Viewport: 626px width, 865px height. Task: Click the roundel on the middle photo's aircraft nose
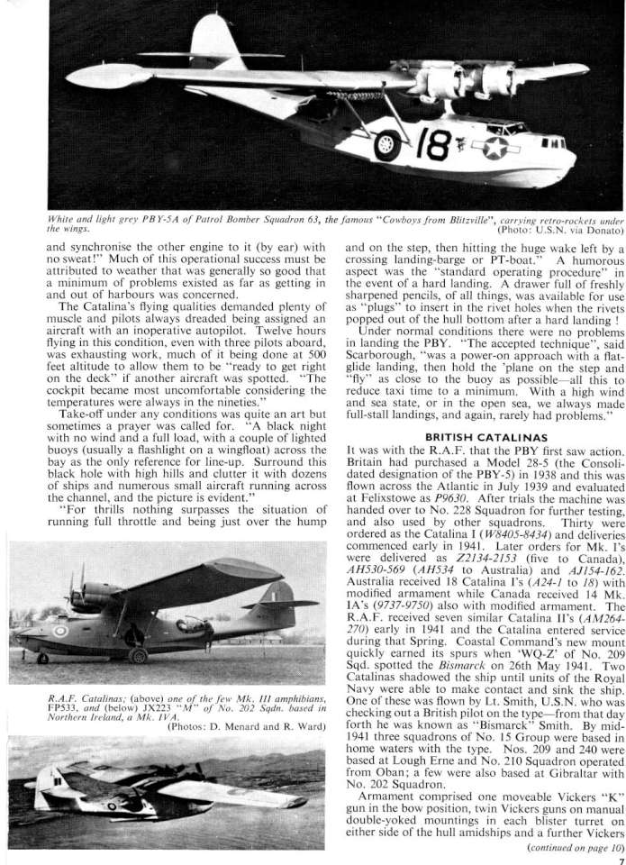pyautogui.click(x=60, y=631)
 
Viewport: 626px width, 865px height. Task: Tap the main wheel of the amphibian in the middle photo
pyautogui.click(x=137, y=655)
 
